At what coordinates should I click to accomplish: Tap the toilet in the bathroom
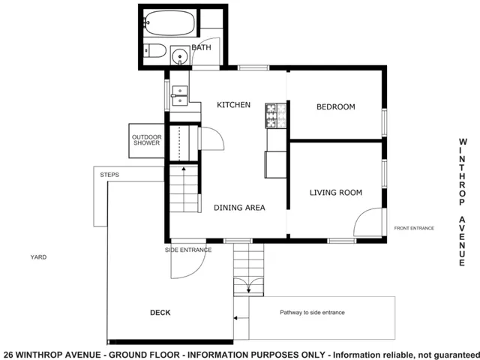point(155,51)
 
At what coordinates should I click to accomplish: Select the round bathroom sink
point(181,55)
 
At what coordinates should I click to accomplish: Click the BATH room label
point(201,47)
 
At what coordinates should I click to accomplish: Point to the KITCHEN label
point(233,105)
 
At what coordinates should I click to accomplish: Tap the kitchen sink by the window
point(180,94)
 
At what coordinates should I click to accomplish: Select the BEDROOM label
point(335,107)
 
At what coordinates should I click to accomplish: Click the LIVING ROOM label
point(335,193)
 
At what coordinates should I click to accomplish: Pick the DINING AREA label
point(239,208)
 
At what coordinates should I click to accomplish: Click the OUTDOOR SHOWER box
point(146,139)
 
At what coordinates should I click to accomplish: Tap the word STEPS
point(109,175)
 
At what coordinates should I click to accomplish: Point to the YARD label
point(38,256)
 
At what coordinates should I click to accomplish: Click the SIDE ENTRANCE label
point(188,250)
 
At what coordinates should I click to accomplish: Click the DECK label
point(160,313)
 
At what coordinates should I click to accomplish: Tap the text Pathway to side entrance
point(312,312)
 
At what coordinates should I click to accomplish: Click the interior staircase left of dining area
point(184,191)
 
